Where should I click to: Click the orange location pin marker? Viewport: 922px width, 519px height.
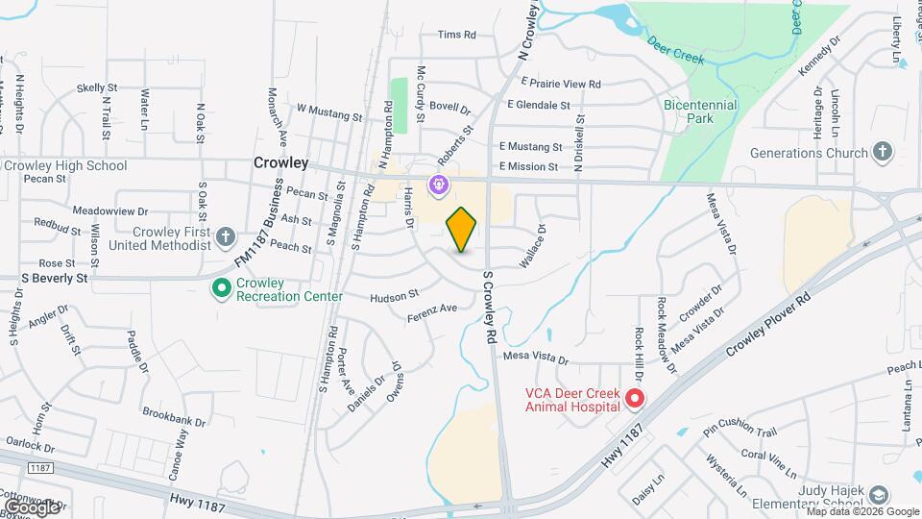462,229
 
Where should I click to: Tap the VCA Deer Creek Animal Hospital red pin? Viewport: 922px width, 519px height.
634,398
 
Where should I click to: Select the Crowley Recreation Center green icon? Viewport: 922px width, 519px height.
221,287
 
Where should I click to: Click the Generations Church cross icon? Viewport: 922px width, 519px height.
883,152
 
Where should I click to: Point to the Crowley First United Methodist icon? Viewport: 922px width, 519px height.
225,235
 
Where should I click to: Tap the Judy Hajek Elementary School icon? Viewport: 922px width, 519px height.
879,494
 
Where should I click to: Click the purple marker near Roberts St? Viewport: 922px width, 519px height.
439,182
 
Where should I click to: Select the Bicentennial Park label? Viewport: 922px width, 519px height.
700,111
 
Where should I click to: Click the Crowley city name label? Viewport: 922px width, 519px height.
280,163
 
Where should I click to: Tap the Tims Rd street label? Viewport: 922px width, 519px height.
457,35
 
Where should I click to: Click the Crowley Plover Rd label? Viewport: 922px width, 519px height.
769,321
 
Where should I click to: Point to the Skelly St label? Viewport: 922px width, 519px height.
97,87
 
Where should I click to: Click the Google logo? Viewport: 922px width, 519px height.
32,506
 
